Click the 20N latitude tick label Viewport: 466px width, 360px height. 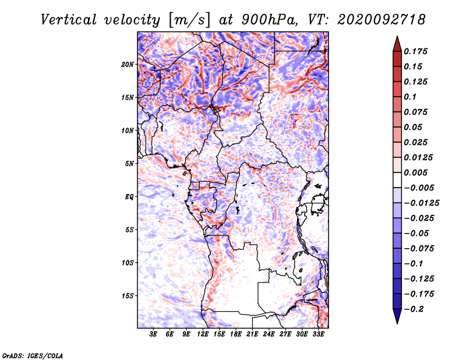tap(128, 65)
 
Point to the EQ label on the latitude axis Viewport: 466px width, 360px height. tap(129, 197)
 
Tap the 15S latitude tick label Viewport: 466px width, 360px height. tap(128, 296)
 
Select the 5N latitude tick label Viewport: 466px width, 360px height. tap(129, 164)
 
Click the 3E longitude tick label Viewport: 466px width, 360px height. tap(153, 334)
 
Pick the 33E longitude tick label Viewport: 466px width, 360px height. tap(318, 334)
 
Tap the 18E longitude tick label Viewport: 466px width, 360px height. tap(236, 334)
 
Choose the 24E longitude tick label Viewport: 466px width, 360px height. tap(269, 334)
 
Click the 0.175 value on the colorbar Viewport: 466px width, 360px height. tap(415, 51)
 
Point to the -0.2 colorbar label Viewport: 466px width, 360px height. tap(414, 309)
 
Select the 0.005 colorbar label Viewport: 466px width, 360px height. tap(415, 172)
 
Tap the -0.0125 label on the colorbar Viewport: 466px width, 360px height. tap(421, 203)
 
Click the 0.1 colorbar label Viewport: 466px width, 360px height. tap(410, 97)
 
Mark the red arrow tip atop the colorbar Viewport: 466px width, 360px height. tap(397, 36)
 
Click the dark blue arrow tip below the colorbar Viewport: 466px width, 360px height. tap(397, 323)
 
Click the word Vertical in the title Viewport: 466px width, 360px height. tap(69, 20)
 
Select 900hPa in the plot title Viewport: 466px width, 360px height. tap(269, 20)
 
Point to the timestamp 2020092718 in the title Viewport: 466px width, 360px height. tap(382, 20)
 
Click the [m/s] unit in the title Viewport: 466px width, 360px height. tap(189, 20)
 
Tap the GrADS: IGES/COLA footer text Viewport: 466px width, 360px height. tap(33, 355)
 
